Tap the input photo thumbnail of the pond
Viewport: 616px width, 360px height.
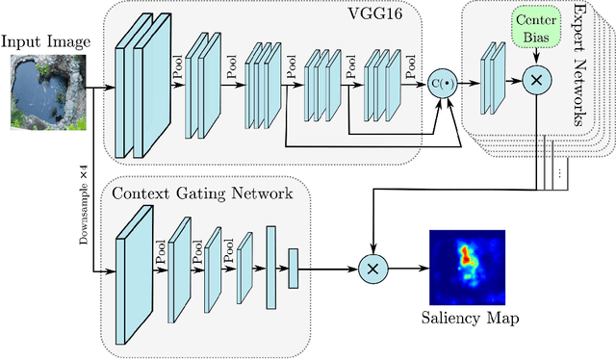41,92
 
